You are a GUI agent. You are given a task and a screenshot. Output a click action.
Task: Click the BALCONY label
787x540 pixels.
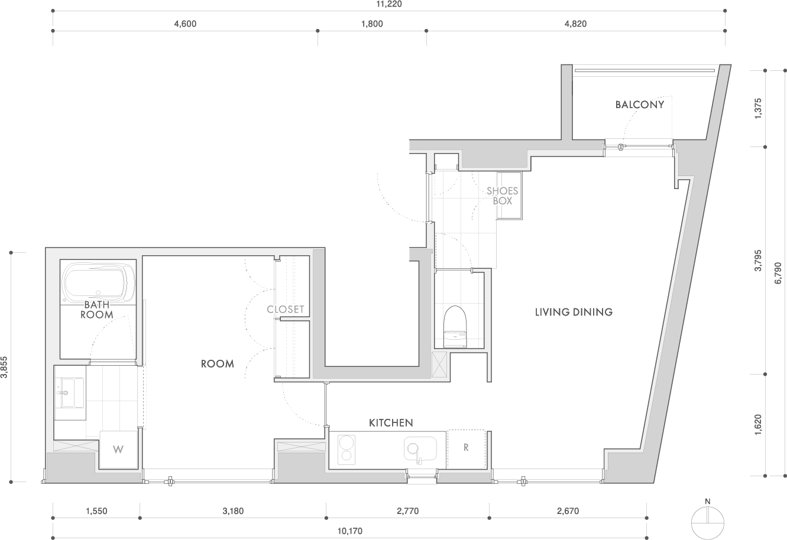639,105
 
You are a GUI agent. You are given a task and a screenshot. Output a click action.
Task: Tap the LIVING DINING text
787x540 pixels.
573,312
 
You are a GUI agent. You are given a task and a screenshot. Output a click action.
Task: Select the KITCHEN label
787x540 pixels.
390,423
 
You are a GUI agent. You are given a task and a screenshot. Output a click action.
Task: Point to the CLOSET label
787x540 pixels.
285,310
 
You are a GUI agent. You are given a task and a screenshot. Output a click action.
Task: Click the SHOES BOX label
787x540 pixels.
502,196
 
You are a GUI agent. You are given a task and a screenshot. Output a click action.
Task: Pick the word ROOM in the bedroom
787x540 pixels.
217,364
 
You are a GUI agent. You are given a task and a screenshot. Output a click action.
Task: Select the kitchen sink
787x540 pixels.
419,450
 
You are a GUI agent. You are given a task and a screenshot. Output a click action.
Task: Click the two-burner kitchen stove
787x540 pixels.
345,448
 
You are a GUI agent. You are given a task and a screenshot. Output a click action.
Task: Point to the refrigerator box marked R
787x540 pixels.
466,448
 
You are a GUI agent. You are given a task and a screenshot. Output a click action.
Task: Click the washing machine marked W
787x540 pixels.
118,450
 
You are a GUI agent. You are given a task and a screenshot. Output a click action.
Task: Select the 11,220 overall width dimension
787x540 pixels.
388,4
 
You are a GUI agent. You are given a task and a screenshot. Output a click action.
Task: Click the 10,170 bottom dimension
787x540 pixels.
350,531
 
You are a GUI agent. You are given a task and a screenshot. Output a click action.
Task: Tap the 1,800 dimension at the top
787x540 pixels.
372,24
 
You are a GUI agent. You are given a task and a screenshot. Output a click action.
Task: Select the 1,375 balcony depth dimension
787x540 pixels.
759,109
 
